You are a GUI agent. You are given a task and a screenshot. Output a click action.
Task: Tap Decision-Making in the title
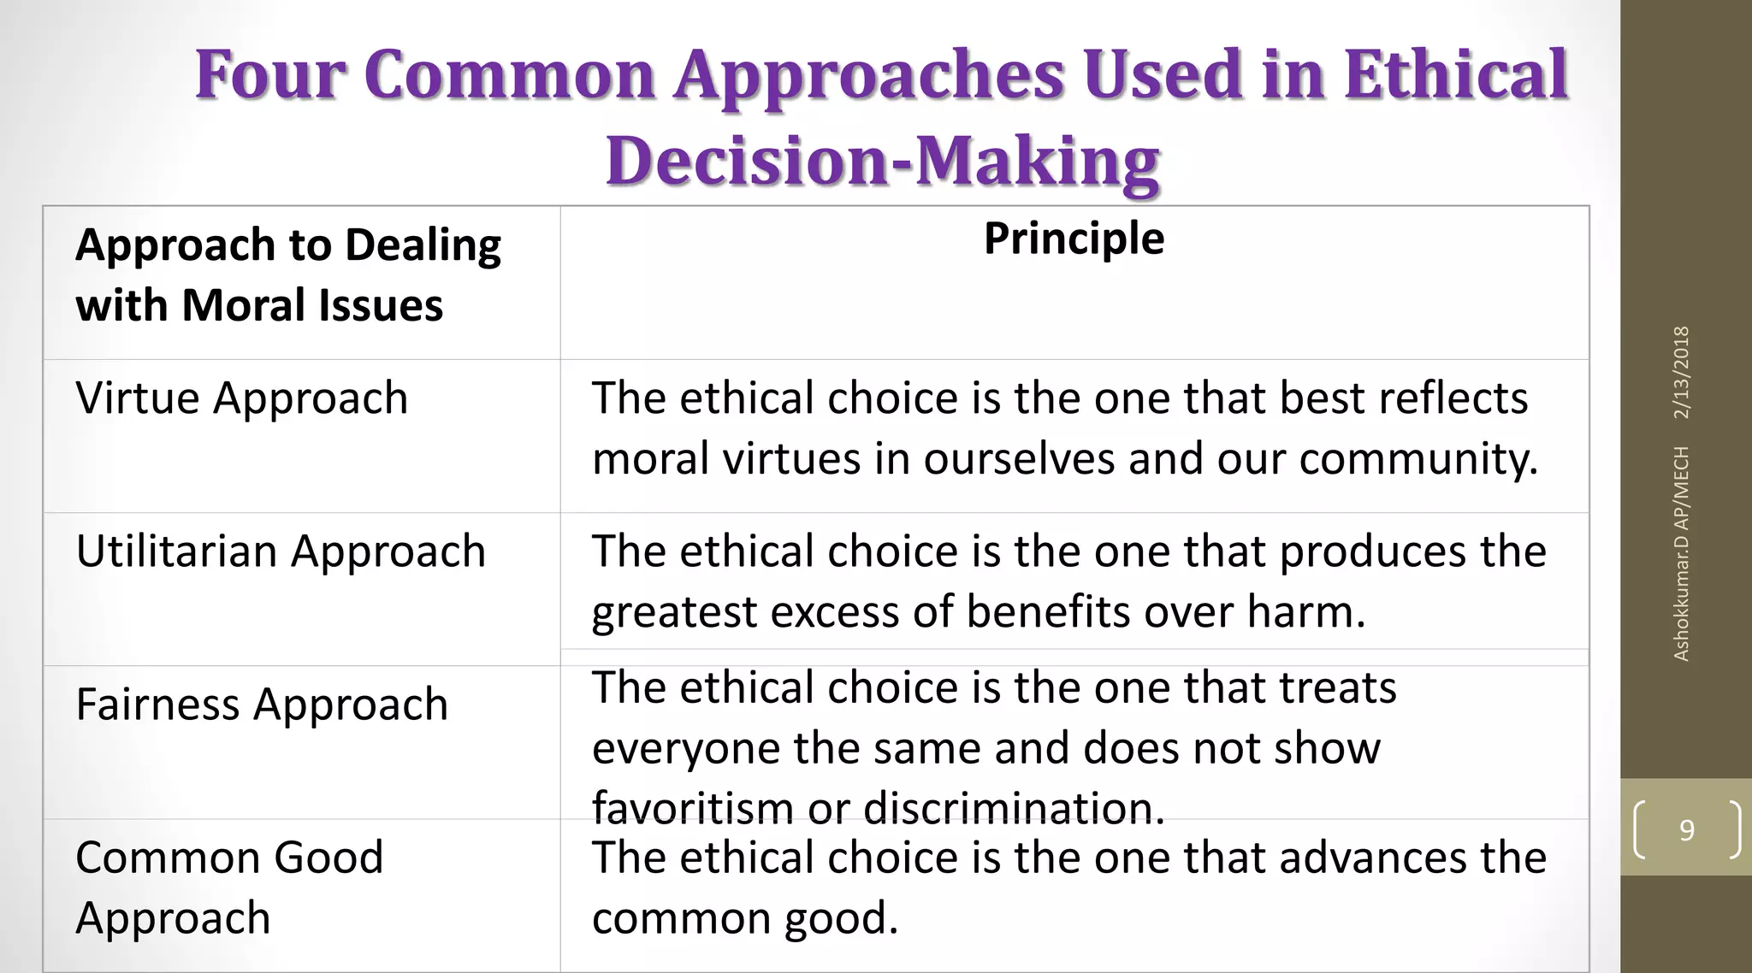tap(882, 161)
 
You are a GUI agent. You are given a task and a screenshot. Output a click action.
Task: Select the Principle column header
tap(1074, 239)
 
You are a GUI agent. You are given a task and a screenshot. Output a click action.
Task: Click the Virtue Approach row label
tap(242, 398)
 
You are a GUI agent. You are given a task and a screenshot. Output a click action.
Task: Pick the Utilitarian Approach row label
tap(281, 551)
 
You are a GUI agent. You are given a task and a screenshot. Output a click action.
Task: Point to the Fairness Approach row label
tap(262, 705)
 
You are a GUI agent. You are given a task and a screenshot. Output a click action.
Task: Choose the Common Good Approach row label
tap(229, 887)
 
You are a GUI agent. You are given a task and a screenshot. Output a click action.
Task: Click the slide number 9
tap(1686, 829)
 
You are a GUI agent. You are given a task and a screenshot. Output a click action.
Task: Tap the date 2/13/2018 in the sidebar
tap(1681, 372)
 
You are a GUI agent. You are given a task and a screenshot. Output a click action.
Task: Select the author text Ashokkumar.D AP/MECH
tap(1681, 553)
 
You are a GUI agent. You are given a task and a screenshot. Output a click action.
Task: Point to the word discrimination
tap(1014, 808)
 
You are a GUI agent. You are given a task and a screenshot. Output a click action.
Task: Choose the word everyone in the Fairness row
tap(685, 748)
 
